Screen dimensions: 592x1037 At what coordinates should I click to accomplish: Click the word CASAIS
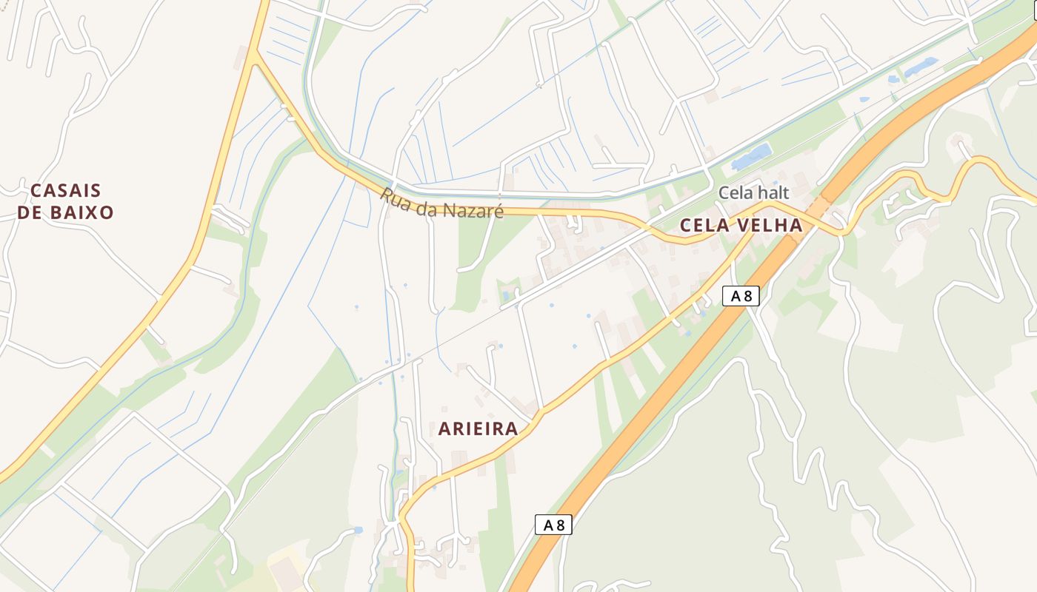pyautogui.click(x=66, y=191)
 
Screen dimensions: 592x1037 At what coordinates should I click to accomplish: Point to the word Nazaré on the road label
pyautogui.click(x=475, y=211)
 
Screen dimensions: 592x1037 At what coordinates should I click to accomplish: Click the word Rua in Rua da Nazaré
pyautogui.click(x=395, y=198)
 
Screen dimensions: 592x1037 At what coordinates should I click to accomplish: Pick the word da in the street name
pyautogui.click(x=425, y=207)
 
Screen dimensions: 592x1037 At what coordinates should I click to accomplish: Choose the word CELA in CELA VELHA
pyautogui.click(x=704, y=226)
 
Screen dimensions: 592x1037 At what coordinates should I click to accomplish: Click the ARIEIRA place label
pyautogui.click(x=478, y=429)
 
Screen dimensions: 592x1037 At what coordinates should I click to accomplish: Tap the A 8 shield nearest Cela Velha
pyautogui.click(x=741, y=297)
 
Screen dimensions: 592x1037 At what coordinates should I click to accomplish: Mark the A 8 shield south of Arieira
pyautogui.click(x=553, y=525)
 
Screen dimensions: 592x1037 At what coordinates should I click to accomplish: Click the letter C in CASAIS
pyautogui.click(x=36, y=191)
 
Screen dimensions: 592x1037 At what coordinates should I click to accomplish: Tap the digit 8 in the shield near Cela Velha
pyautogui.click(x=747, y=297)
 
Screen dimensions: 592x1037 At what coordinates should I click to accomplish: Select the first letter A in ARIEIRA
pyautogui.click(x=444, y=429)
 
